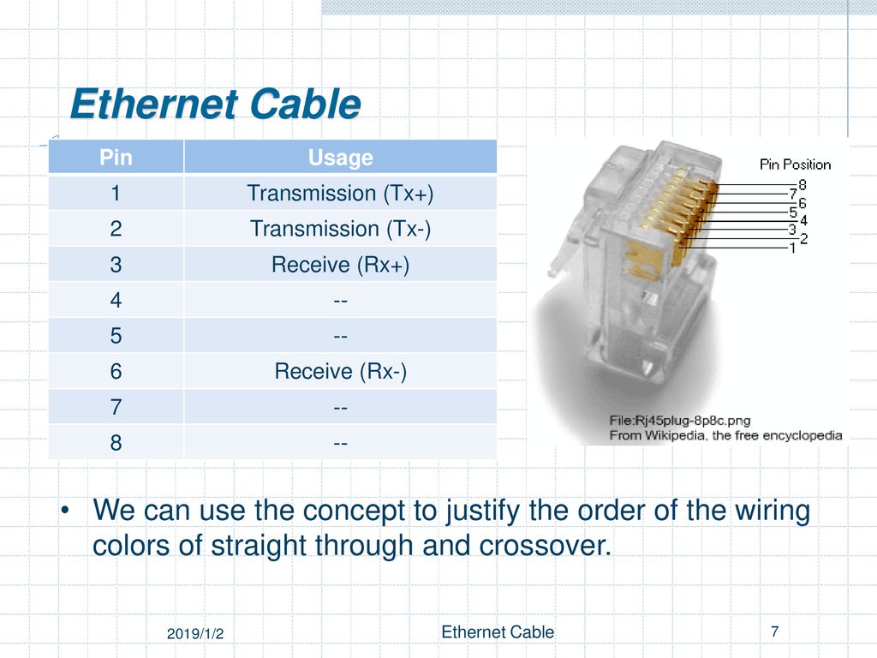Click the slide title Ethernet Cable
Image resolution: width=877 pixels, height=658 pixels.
216,104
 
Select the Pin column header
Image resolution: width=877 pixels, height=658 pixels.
116,158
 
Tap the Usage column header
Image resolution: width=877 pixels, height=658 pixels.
340,158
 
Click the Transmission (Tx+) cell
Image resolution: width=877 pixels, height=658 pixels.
340,193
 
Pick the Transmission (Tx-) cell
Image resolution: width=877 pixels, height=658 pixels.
340,229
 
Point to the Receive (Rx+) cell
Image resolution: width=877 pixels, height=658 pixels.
340,265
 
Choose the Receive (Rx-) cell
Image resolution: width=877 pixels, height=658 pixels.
340,372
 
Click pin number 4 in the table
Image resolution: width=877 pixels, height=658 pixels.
116,301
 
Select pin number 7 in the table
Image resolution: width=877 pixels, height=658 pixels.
116,407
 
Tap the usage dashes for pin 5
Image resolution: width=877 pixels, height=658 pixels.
340,337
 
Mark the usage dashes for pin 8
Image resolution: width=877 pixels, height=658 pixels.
340,444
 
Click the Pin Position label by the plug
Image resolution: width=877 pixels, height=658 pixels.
795,164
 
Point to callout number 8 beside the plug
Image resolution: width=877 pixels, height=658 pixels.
802,185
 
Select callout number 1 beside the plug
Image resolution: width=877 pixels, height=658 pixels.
792,248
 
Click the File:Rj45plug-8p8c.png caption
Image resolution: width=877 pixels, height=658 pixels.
679,420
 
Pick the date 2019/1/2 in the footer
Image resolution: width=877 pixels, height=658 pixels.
195,634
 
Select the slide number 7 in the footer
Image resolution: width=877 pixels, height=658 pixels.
774,631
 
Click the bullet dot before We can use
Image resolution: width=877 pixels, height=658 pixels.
65,511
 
